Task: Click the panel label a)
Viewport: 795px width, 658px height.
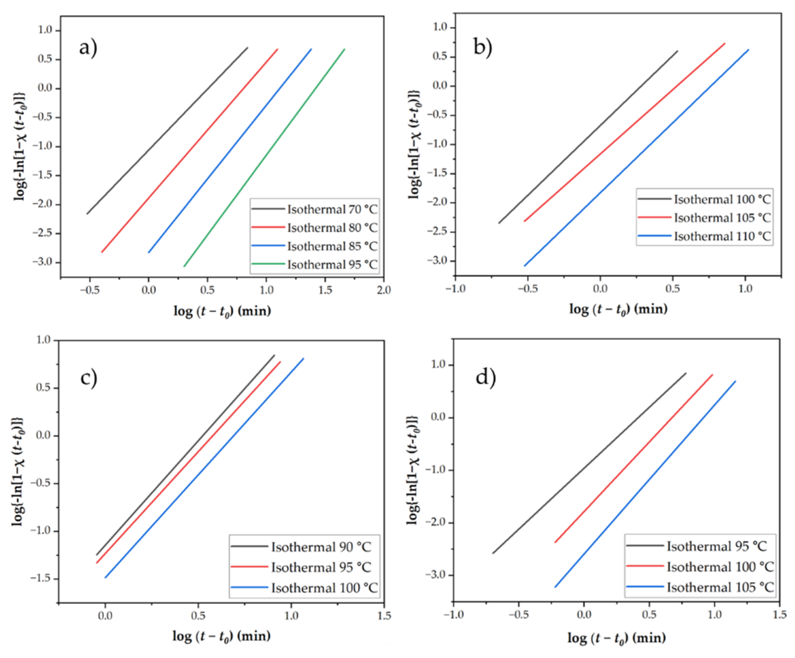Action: (88, 48)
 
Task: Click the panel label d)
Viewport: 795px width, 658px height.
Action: (485, 377)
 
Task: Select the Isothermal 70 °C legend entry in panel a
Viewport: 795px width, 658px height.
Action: (332, 209)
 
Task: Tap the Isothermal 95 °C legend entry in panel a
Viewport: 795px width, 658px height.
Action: (332, 264)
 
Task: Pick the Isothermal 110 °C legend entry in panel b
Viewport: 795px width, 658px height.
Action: (722, 236)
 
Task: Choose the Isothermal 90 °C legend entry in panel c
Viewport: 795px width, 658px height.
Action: (321, 547)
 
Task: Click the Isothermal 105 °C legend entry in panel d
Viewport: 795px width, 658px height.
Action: (720, 587)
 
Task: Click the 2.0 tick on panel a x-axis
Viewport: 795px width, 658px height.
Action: (384, 290)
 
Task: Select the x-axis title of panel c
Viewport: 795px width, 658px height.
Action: (221, 636)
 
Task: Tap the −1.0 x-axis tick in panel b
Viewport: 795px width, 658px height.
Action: (455, 288)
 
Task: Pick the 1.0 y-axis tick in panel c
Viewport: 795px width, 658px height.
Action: (43, 340)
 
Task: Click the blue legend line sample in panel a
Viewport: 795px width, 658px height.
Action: (268, 246)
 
